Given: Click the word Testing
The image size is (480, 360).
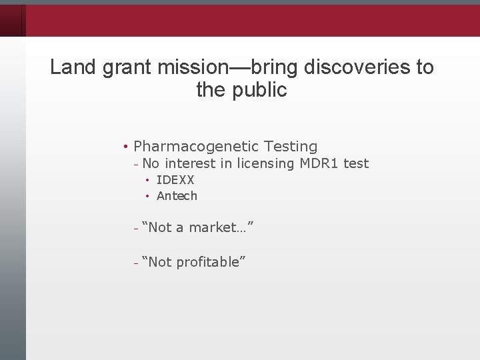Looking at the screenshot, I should [291, 146].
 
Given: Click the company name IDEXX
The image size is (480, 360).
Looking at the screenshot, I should [175, 180].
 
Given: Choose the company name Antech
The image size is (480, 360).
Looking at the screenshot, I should [177, 196].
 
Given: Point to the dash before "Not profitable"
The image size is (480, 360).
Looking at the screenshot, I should [135, 263].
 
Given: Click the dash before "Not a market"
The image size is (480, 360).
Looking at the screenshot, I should [135, 228].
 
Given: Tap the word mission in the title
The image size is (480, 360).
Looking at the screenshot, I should [193, 67].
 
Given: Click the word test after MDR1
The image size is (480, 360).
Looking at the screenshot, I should [356, 163].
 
